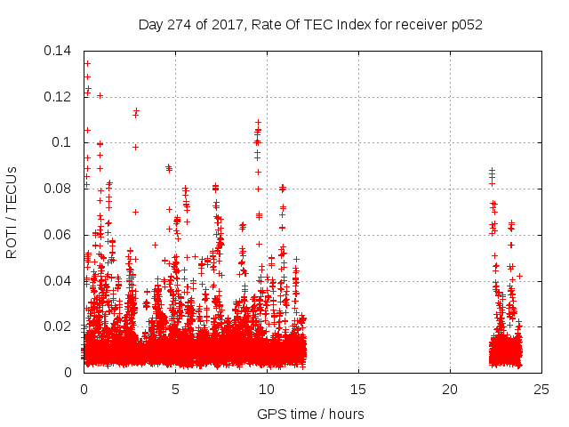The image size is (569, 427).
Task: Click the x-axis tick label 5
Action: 175,389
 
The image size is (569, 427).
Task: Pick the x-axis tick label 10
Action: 267,389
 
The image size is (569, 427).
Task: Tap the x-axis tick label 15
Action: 358,389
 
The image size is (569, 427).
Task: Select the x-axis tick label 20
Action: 450,389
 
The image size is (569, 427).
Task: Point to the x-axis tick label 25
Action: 541,389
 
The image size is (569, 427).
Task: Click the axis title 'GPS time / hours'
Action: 310,414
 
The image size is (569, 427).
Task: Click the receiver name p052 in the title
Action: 465,24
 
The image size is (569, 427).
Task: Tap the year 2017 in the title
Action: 228,24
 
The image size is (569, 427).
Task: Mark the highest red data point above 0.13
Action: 87,63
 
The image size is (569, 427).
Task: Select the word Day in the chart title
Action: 151,24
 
